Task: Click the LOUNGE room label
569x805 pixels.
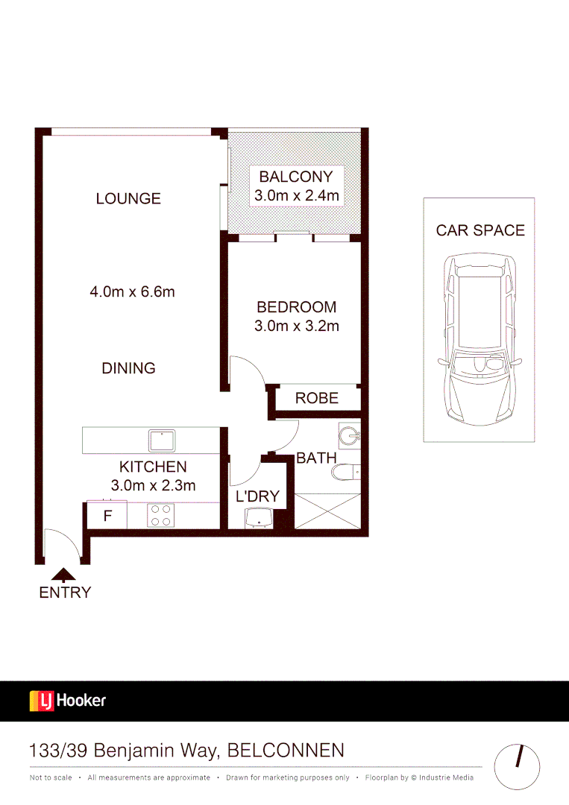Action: click(x=128, y=198)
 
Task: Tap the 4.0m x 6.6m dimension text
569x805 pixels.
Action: click(x=132, y=291)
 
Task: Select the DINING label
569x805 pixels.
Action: click(x=128, y=368)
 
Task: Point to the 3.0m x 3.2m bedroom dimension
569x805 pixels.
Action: click(x=297, y=326)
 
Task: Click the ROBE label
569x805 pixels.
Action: click(x=317, y=398)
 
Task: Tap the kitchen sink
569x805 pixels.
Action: click(x=162, y=441)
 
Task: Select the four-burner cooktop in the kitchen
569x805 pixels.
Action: click(x=162, y=515)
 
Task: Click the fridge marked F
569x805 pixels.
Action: click(x=107, y=515)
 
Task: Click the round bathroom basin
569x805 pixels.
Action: click(x=348, y=434)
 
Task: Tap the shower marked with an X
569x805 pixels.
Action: click(x=327, y=511)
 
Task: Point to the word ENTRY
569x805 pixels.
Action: click(x=65, y=593)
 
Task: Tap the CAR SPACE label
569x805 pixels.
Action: click(x=480, y=230)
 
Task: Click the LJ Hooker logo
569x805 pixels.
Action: click(x=68, y=701)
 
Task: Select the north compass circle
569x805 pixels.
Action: click(x=517, y=766)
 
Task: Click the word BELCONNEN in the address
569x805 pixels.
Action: click(x=286, y=750)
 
